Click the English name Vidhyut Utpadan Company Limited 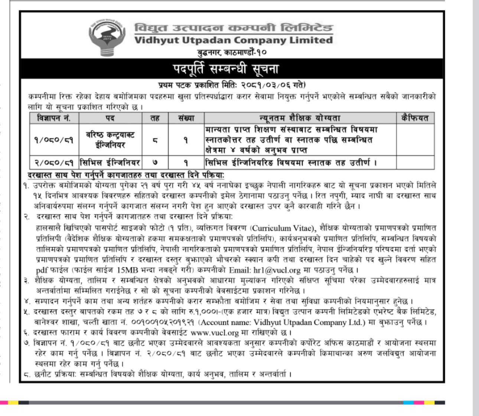point(233,40)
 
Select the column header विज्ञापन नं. point(54,118)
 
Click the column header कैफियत point(415,118)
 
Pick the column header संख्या point(186,118)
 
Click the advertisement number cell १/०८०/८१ point(54,140)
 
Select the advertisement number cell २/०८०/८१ point(54,163)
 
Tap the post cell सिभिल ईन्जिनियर point(110,163)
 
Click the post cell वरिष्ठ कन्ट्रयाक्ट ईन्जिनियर point(110,140)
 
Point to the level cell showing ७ point(155,163)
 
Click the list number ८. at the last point point(26,374)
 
